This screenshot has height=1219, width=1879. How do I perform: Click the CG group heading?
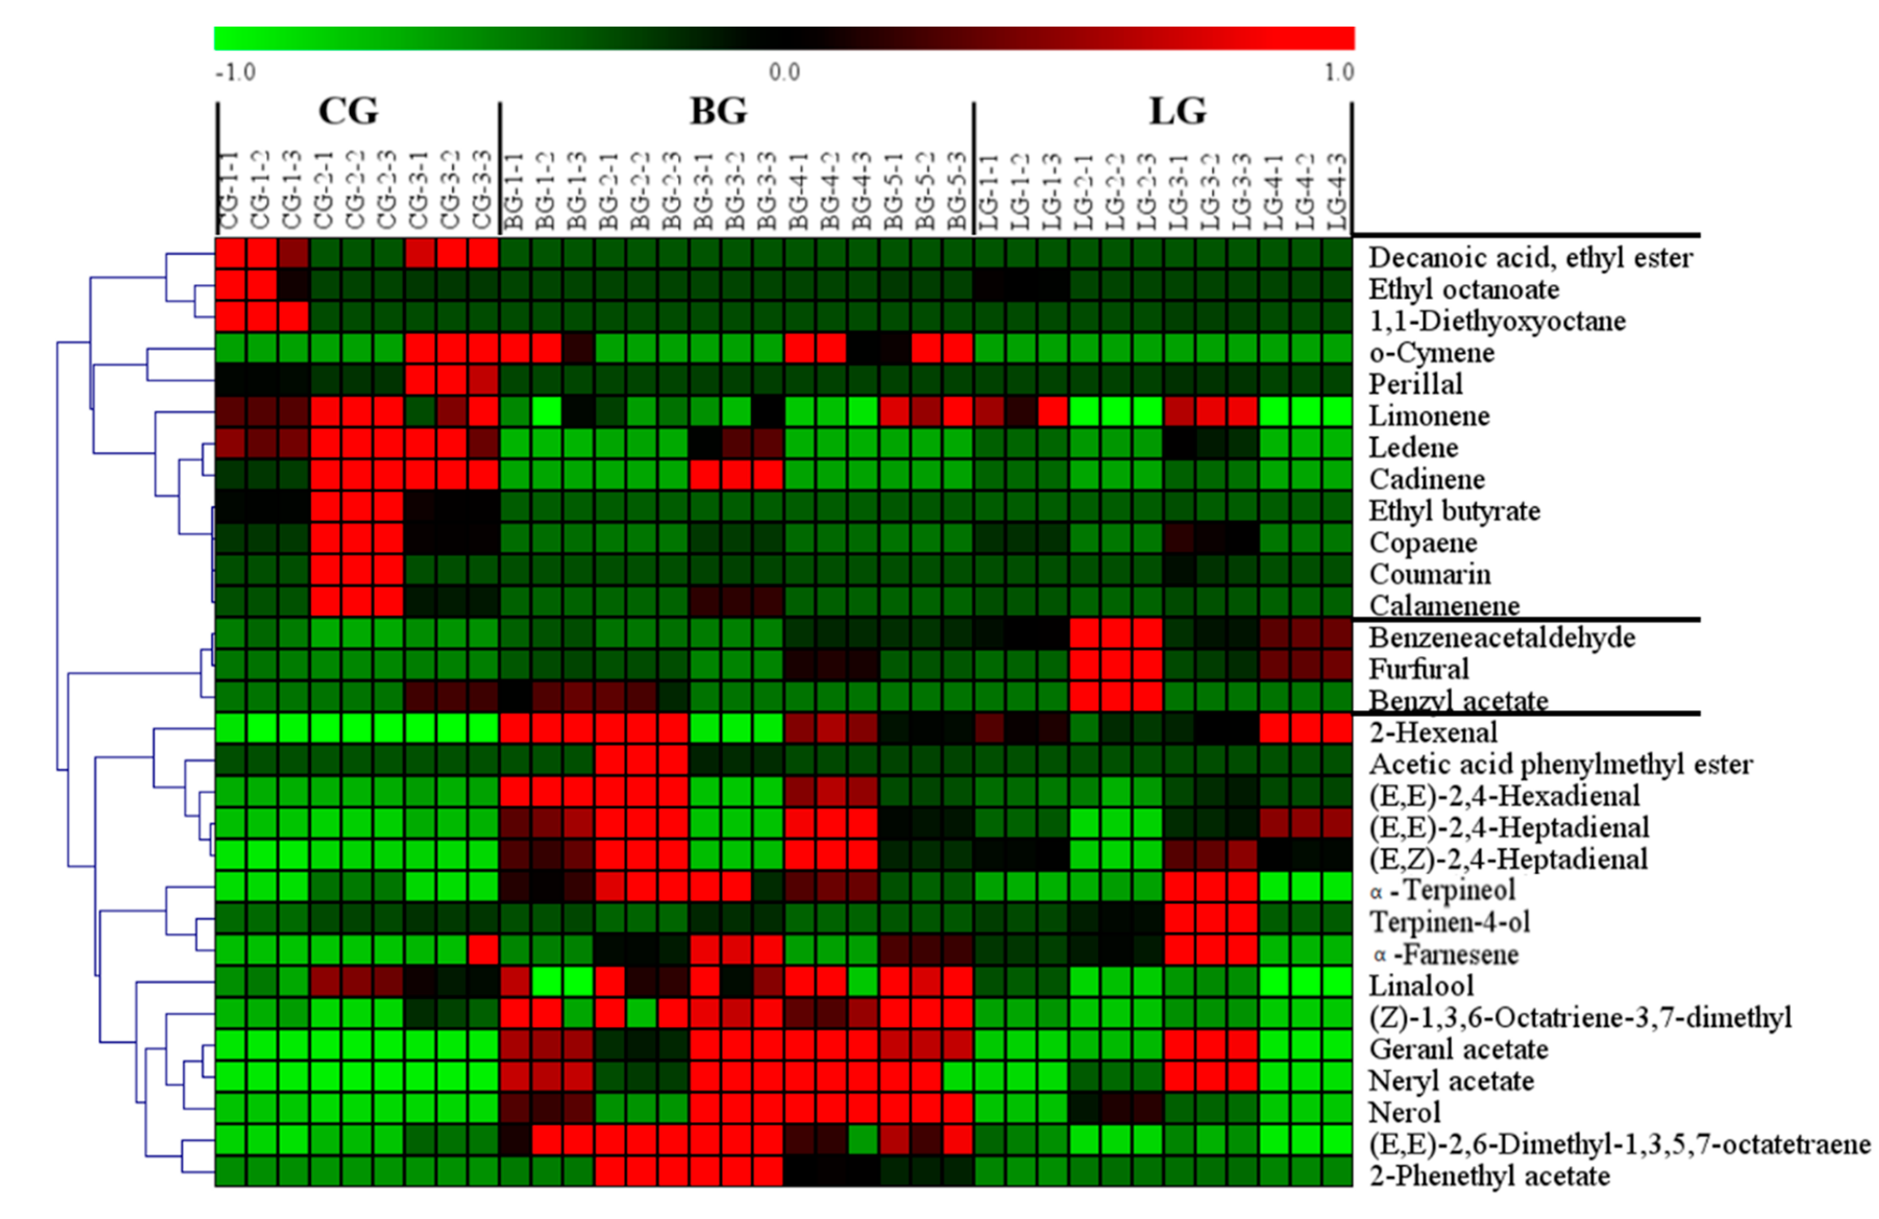click(x=348, y=110)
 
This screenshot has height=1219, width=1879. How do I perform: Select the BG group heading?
click(x=718, y=110)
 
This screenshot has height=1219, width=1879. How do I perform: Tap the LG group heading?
click(x=1177, y=110)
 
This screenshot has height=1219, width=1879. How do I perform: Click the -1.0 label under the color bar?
click(x=235, y=72)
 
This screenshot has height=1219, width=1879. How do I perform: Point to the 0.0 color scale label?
click(x=784, y=72)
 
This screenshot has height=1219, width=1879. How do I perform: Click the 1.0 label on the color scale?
click(x=1339, y=72)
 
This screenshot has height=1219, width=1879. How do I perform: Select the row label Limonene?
click(x=1429, y=416)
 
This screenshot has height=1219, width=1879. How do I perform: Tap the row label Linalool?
click(x=1421, y=986)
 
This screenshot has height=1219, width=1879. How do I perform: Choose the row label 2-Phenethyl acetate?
click(x=1489, y=1176)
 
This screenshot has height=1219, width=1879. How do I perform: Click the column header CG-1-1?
click(x=230, y=191)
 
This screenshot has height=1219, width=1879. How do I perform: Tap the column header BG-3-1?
click(x=704, y=191)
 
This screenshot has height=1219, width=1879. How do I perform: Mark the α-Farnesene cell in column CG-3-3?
click(x=483, y=954)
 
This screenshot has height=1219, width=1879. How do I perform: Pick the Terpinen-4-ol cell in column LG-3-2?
click(x=1210, y=922)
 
